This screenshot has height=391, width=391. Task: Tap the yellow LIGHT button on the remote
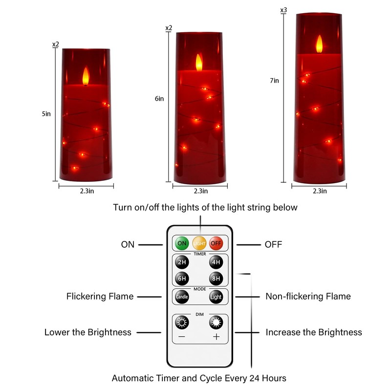pyautogui.click(x=199, y=243)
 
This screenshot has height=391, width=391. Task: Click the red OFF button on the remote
pyautogui.click(x=216, y=243)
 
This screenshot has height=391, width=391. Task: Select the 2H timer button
pyautogui.click(x=182, y=262)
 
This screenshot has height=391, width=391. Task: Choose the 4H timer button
pyautogui.click(x=216, y=262)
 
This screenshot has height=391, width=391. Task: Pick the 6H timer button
pyautogui.click(x=182, y=278)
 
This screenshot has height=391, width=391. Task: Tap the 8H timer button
pyautogui.click(x=216, y=278)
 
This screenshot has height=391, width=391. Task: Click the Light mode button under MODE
pyautogui.click(x=216, y=297)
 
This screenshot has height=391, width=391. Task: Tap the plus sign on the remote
pyautogui.click(x=216, y=337)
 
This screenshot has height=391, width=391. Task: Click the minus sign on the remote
pyautogui.click(x=182, y=337)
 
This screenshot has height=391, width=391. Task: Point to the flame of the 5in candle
pyautogui.click(x=86, y=76)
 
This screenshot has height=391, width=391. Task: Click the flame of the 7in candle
pyautogui.click(x=319, y=44)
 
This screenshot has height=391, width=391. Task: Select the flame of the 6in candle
pyautogui.click(x=199, y=63)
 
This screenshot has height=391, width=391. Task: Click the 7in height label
pyautogui.click(x=274, y=81)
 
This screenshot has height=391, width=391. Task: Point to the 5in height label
pyautogui.click(x=46, y=114)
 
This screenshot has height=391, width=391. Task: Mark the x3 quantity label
pyautogui.click(x=283, y=10)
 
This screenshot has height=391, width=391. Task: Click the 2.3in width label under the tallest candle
pyautogui.click(x=320, y=191)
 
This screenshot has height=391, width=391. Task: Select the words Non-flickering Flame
pyautogui.click(x=308, y=296)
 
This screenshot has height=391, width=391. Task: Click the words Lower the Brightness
pyautogui.click(x=88, y=332)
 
